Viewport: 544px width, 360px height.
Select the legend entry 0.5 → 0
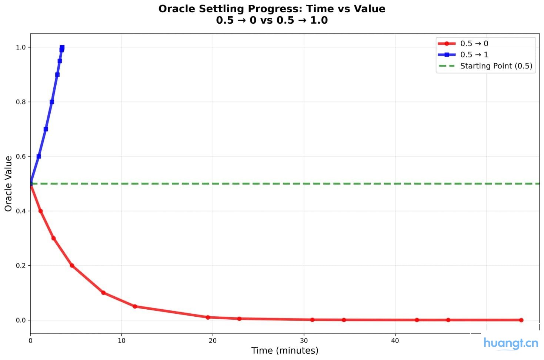(474, 44)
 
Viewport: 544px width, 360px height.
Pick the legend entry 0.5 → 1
(474, 55)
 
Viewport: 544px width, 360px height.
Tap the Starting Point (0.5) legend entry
(496, 66)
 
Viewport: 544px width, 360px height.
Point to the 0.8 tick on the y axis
(21, 102)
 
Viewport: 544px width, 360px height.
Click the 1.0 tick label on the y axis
(21, 47)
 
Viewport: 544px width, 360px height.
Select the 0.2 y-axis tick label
(21, 266)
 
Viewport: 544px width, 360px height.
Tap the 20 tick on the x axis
(213, 341)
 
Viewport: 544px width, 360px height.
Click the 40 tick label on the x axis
(395, 341)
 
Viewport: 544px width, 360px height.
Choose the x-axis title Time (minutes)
(285, 350)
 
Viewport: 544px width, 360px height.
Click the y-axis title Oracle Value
(8, 184)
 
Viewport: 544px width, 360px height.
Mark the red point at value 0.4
(41, 211)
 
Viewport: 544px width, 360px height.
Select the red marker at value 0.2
(72, 266)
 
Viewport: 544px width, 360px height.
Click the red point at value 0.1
(103, 293)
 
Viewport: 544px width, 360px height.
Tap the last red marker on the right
(521, 320)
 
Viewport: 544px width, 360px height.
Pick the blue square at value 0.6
(39, 157)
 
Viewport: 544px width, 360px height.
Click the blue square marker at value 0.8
(52, 102)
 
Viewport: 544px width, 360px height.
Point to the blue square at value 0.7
(46, 129)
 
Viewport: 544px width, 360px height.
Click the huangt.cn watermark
(511, 343)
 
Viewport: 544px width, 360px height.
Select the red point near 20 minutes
(208, 317)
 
